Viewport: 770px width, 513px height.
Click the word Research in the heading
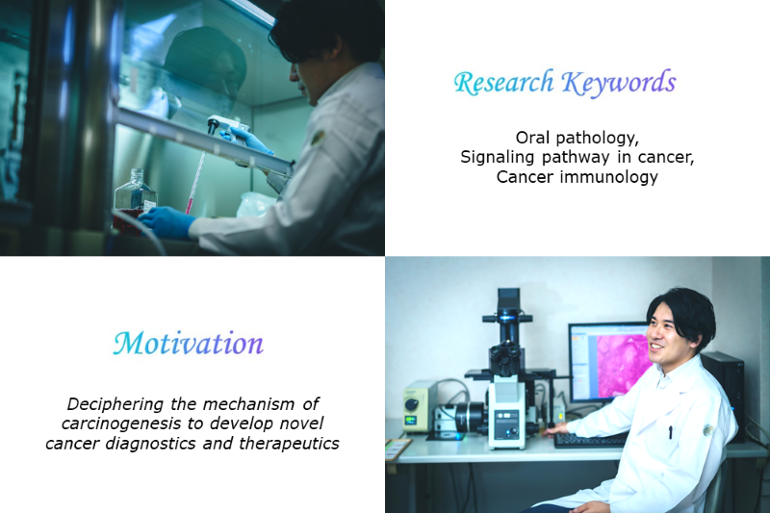[x=503, y=82]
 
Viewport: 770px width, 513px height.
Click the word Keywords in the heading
[x=619, y=82]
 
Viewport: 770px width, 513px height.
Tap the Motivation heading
[x=189, y=344]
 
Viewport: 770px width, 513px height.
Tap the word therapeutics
[x=290, y=444]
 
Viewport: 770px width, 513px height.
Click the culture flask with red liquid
[x=135, y=200]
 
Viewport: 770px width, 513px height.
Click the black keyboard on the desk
[x=589, y=439]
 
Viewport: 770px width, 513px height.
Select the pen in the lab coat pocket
[x=670, y=431]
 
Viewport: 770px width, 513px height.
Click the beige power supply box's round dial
[x=412, y=404]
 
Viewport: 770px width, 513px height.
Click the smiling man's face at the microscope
[x=664, y=337]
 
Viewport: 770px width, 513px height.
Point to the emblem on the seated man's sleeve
[x=708, y=430]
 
